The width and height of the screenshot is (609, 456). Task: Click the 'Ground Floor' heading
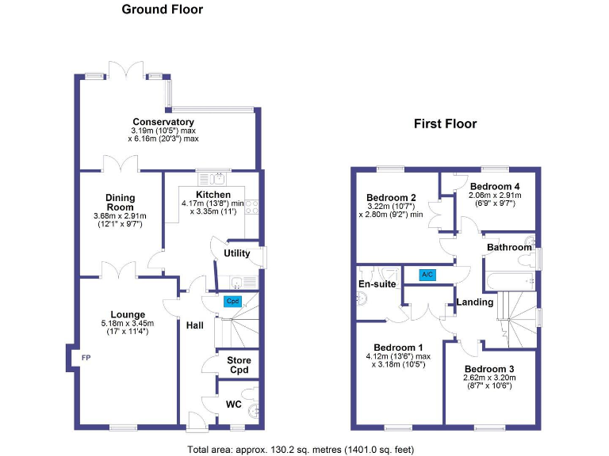[162, 10]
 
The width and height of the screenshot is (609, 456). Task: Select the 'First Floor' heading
[445, 124]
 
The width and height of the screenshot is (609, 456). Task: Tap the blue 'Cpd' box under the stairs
[232, 302]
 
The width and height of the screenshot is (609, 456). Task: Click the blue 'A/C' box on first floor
[427, 275]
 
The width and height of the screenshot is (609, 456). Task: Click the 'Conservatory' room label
[163, 122]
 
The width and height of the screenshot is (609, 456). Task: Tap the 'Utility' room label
[237, 253]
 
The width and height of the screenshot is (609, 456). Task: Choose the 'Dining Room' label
[121, 203]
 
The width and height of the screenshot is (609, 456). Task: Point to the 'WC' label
[233, 405]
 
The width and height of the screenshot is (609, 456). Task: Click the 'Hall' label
[195, 325]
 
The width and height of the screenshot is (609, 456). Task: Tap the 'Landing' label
[474, 302]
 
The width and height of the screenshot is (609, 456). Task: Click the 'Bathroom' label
[509, 248]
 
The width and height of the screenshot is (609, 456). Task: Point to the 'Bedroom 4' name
[498, 186]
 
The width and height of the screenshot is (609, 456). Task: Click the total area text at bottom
[301, 450]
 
